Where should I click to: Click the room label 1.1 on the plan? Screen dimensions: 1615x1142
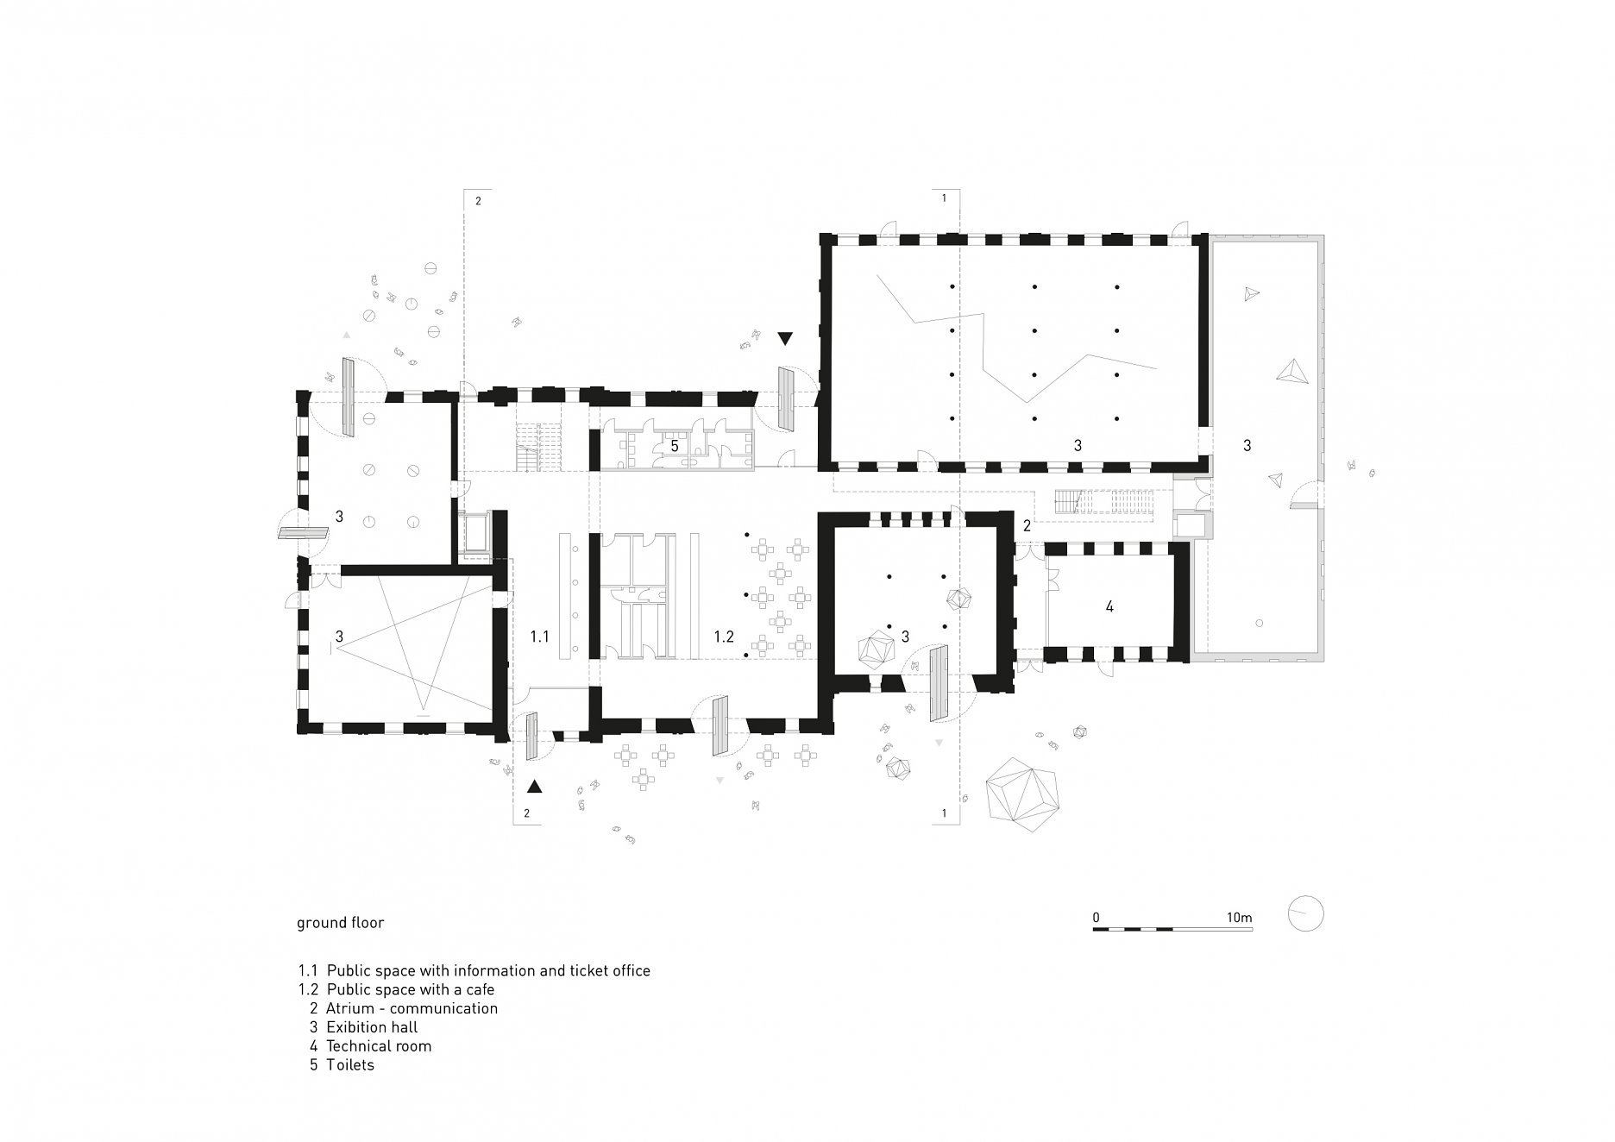tap(539, 637)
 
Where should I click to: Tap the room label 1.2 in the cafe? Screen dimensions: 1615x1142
tap(723, 637)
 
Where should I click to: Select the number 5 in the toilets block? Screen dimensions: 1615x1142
tap(675, 447)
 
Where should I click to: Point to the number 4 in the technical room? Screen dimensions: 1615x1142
tap(1109, 607)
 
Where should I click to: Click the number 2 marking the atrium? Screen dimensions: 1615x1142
tap(1027, 526)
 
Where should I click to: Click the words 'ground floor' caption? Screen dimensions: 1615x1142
tap(340, 923)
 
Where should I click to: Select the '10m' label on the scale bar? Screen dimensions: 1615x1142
tap(1239, 917)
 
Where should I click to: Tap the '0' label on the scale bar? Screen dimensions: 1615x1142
tap(1096, 917)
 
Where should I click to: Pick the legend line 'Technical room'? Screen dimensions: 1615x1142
tap(379, 1046)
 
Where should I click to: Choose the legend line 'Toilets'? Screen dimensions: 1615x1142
tap(350, 1065)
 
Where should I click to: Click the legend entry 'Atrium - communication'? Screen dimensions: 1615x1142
tap(412, 1008)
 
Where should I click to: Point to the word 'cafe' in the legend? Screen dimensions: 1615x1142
tap(480, 989)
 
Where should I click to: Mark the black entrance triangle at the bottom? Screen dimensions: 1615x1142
tap(535, 786)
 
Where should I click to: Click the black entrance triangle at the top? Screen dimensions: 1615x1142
tap(785, 339)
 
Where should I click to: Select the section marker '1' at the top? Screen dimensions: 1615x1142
tap(944, 198)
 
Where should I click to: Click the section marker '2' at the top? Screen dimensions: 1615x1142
tap(478, 201)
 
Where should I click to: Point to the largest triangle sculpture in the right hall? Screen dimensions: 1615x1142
tap(1293, 371)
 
